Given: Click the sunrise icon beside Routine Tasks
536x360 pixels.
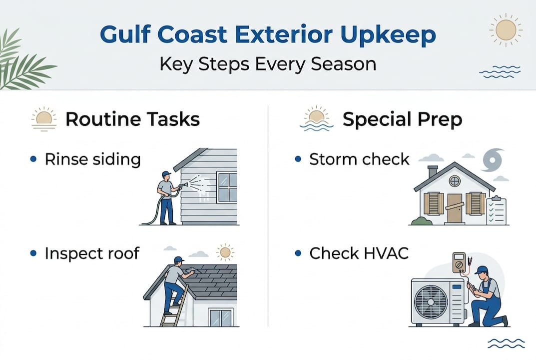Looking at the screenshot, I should coord(44,119).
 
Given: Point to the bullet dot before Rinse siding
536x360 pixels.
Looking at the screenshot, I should coord(33,159).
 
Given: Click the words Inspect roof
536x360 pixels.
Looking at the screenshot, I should coord(92,253).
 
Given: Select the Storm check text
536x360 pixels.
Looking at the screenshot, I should coord(359,159).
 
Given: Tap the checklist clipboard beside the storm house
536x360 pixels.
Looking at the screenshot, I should coord(496,210).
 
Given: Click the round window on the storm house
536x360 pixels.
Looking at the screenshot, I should coord(454,181).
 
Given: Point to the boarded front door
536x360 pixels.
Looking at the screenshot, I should coord(455,207).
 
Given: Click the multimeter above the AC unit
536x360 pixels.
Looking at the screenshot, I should coord(459,262).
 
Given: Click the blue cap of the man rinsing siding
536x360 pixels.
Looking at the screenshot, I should coord(166,174).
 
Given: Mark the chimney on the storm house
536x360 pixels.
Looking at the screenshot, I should coord(433,171).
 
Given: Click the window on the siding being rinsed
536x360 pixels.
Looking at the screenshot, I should coord(227,187).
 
